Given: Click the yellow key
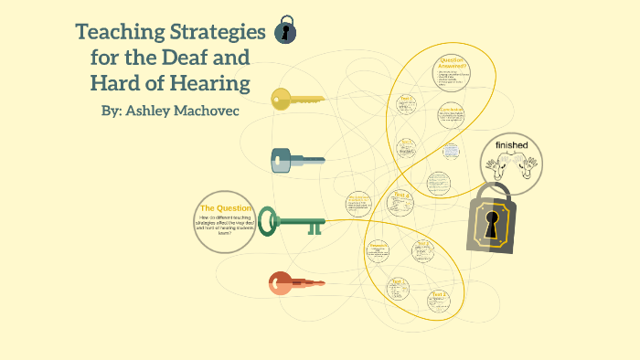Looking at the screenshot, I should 297,100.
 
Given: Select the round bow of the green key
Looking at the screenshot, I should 267,220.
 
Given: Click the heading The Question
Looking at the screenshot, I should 226,208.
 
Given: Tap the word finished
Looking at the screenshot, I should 511,145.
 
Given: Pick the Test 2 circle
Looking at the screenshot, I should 440,299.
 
